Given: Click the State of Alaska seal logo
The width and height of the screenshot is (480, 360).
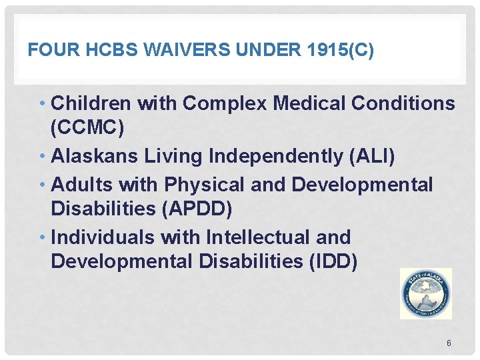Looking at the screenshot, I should coord(425,293).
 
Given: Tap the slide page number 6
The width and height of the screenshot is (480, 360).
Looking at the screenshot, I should coord(449,343).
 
